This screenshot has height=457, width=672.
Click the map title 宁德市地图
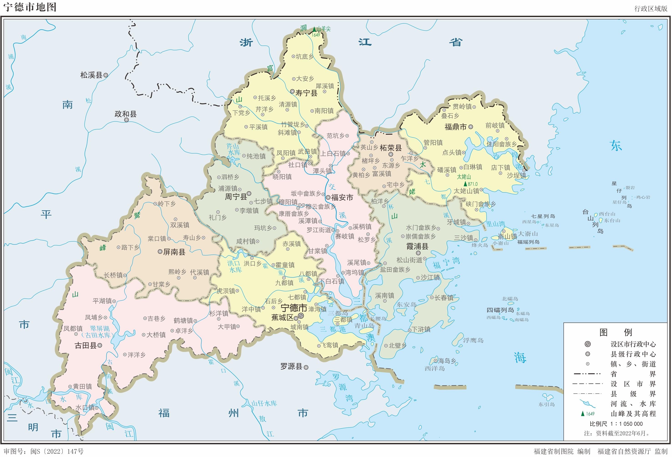(x=30, y=7)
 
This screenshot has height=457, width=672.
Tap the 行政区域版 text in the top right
(x=651, y=8)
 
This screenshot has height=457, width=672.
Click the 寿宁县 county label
(x=306, y=93)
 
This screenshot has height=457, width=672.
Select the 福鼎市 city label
(x=455, y=127)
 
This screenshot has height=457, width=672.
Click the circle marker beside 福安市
(x=328, y=197)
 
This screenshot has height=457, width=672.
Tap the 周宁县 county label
(x=236, y=197)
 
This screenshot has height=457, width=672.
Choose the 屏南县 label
(x=174, y=252)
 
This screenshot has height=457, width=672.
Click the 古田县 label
(x=86, y=346)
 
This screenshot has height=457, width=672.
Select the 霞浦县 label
(x=417, y=246)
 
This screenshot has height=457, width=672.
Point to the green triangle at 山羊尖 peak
(x=314, y=29)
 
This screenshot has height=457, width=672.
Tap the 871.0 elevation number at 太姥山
(x=472, y=184)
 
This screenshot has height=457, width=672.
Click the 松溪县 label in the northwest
(x=91, y=75)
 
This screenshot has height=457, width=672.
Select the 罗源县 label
(x=291, y=366)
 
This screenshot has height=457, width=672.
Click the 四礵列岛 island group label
(x=500, y=310)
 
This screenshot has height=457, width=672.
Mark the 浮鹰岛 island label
(x=473, y=341)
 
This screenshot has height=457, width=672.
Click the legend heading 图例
(x=616, y=332)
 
